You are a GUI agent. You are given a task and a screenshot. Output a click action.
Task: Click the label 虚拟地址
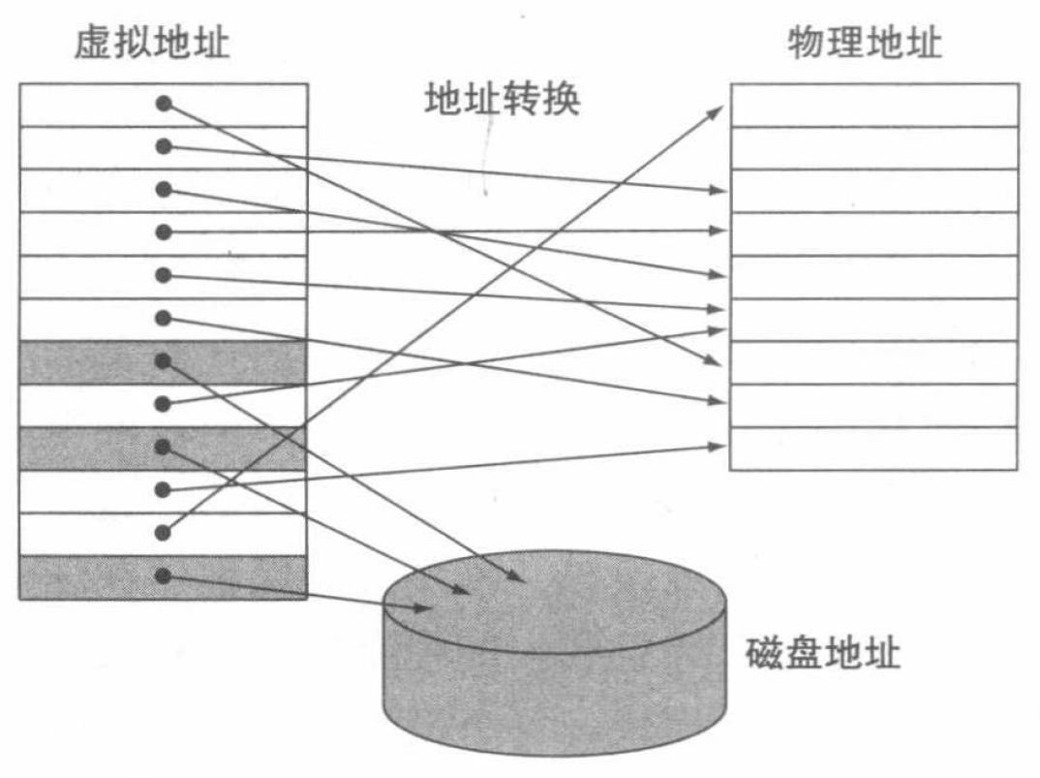click(153, 44)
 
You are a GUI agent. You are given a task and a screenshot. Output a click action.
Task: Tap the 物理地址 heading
click(864, 44)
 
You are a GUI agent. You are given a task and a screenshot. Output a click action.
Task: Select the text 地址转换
click(503, 98)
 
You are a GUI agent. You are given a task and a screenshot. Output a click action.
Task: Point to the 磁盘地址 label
click(824, 654)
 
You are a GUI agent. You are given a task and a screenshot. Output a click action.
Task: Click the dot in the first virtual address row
click(164, 104)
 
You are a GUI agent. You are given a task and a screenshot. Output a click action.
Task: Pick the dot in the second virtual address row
click(164, 146)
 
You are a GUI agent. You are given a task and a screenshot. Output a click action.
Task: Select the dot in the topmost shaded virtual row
click(164, 360)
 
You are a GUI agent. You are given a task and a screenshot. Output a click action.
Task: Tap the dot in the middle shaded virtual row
click(164, 447)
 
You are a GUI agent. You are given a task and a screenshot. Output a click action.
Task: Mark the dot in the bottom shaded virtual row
click(164, 576)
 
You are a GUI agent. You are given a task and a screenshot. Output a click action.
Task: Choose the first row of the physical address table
click(873, 105)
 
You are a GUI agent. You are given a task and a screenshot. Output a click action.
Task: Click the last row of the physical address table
click(873, 449)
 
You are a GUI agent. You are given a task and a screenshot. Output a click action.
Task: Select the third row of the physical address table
click(873, 191)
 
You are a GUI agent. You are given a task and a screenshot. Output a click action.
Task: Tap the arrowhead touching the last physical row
click(718, 446)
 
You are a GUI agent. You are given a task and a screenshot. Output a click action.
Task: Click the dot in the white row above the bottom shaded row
click(164, 532)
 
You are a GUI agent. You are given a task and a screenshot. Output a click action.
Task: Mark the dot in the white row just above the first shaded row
click(164, 318)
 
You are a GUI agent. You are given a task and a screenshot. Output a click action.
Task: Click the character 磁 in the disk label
click(764, 654)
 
